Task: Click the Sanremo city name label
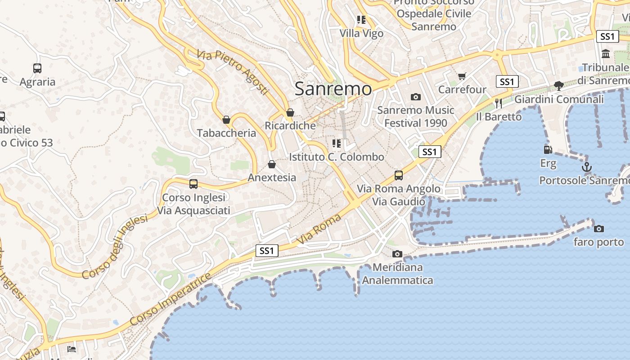point(333,89)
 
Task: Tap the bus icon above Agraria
point(37,68)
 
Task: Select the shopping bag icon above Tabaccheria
point(226,120)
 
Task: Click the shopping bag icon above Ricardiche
point(290,112)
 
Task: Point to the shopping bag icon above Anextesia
point(271,164)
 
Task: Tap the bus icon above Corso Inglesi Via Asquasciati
point(193,184)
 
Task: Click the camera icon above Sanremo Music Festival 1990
point(415,97)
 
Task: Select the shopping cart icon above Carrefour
point(462,76)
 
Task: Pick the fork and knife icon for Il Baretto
point(499,103)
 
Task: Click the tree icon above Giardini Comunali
point(559,85)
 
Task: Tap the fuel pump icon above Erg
point(548,150)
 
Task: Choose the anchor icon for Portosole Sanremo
point(586,167)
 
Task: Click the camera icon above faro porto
point(598,229)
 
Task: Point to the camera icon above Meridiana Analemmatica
point(397,254)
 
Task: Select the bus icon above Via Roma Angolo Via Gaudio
point(398,175)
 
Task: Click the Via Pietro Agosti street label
point(232,72)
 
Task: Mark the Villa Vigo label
point(361,33)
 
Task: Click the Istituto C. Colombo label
point(337,157)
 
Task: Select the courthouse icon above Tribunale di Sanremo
point(606,54)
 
